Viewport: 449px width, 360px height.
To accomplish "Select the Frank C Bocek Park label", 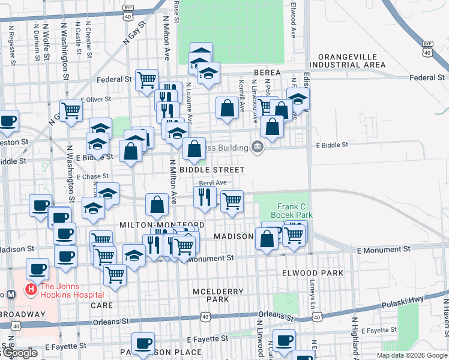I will (x=292, y=210).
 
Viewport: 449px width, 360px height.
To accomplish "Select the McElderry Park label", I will (x=218, y=295).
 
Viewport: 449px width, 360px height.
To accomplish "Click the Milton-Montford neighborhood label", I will (x=154, y=224).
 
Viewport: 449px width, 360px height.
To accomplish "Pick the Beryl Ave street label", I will (x=213, y=182).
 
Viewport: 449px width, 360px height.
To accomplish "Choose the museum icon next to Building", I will (x=258, y=147).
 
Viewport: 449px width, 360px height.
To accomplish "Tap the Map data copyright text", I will (x=412, y=355).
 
